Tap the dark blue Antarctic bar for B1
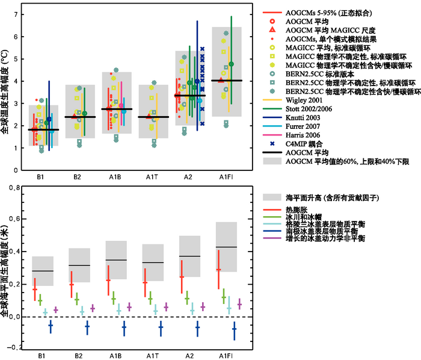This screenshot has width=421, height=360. tap(51, 326)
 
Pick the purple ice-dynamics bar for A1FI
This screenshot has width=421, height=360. tap(239, 304)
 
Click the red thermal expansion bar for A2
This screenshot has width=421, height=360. tap(182, 276)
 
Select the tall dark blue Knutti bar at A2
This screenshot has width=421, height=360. tap(197, 75)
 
